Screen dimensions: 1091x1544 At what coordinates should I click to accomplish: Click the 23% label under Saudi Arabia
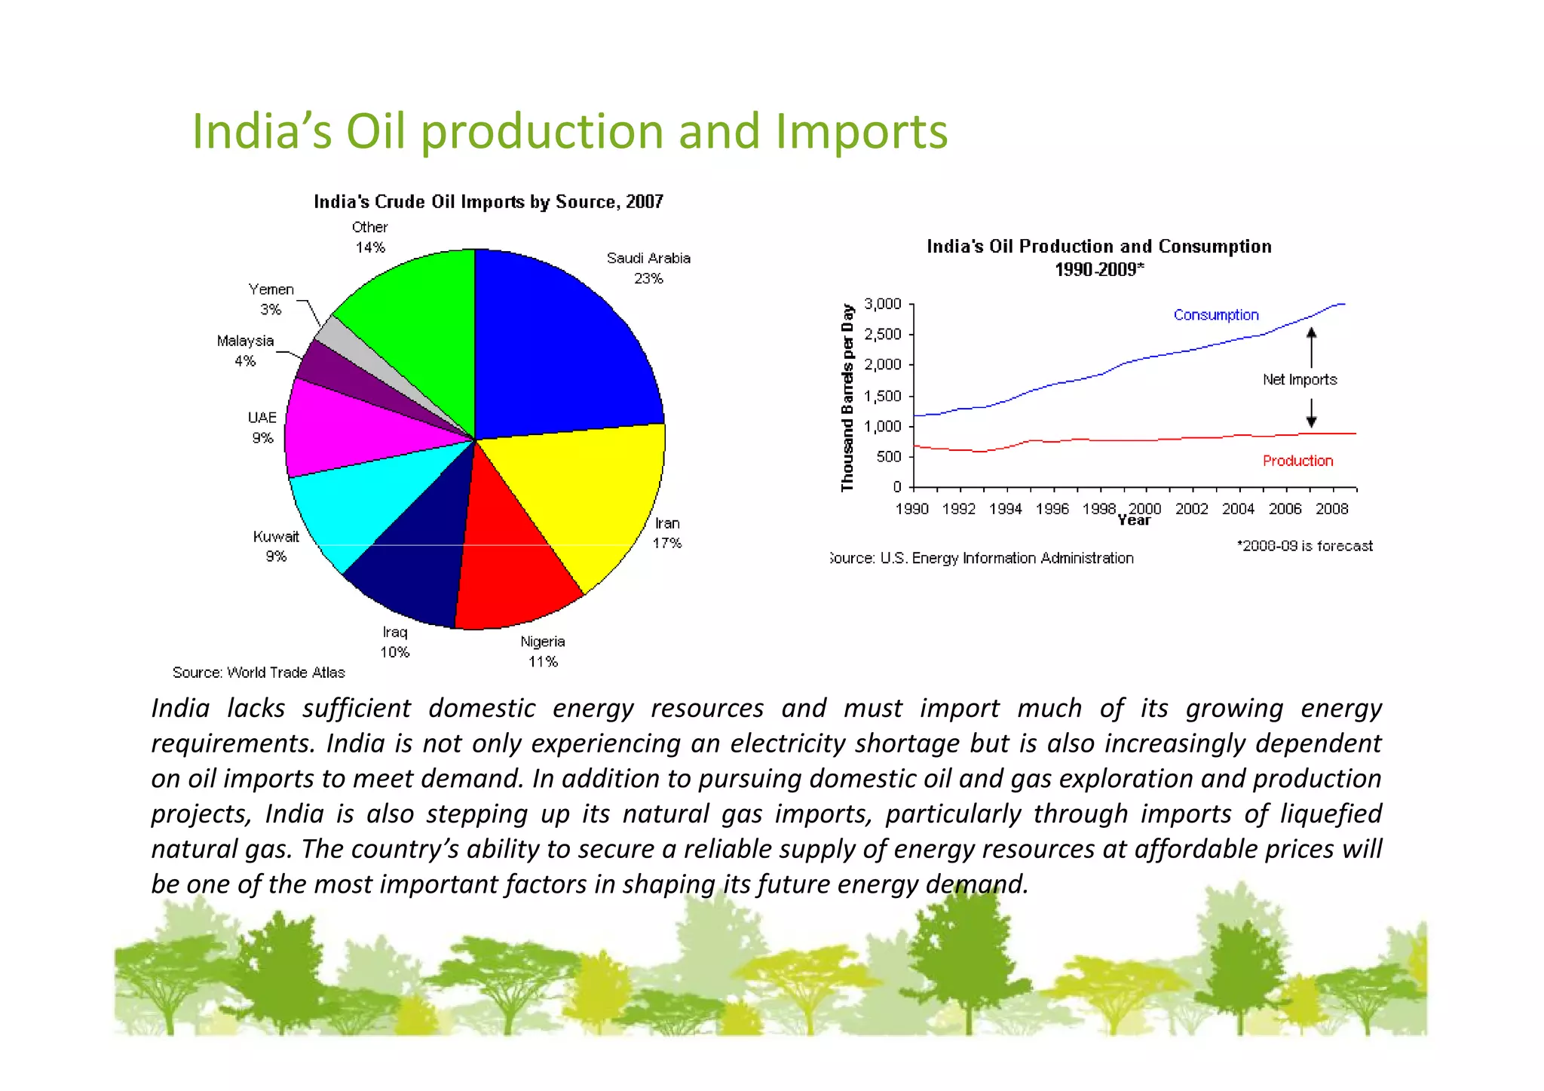[x=648, y=278]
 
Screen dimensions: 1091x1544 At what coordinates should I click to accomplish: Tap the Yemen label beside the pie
[x=271, y=290]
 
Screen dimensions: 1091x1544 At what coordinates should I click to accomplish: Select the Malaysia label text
[x=246, y=341]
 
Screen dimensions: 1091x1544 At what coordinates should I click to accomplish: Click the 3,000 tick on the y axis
[x=883, y=304]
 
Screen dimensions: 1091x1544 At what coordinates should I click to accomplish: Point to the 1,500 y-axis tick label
[x=883, y=396]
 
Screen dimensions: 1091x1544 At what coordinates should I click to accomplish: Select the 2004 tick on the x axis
[x=1238, y=509]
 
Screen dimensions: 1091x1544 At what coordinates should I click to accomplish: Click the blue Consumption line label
[x=1216, y=315]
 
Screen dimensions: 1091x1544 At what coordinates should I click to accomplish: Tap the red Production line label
[x=1297, y=461]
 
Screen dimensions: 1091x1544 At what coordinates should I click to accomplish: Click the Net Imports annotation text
[x=1300, y=379]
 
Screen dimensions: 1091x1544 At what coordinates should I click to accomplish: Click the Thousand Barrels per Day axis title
[x=847, y=397]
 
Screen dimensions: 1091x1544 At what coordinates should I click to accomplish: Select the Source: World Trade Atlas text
[x=259, y=673]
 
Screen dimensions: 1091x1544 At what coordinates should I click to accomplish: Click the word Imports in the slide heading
[x=861, y=132]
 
